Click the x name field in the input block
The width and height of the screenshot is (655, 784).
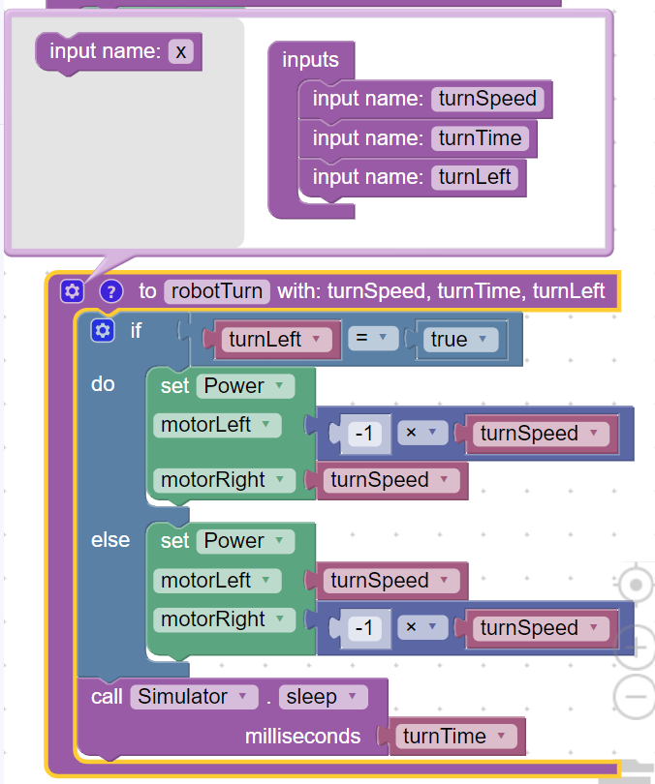[180, 51]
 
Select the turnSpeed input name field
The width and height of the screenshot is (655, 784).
[487, 99]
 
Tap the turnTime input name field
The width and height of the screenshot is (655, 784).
[480, 138]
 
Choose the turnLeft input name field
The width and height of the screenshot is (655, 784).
[474, 177]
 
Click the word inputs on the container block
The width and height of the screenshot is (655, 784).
[310, 60]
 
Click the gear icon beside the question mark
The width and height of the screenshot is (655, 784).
[72, 291]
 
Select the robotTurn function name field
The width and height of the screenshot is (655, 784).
[216, 291]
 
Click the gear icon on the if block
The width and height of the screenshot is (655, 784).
[103, 332]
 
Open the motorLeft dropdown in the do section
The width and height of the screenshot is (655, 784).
[217, 425]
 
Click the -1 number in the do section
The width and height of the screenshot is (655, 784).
[364, 435]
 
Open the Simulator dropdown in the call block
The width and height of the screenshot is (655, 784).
[194, 697]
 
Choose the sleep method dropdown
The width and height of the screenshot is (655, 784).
[323, 697]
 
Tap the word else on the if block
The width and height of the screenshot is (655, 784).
[110, 540]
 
